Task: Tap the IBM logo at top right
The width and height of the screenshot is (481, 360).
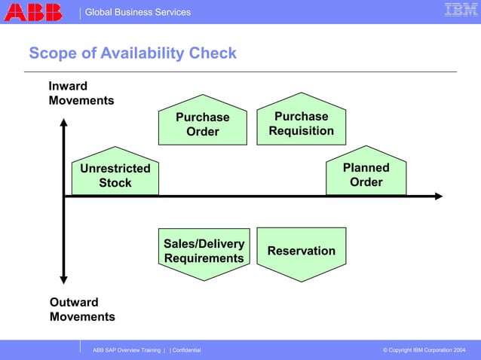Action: pyautogui.click(x=461, y=11)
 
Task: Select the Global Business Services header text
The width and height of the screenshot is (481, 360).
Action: pyautogui.click(x=138, y=12)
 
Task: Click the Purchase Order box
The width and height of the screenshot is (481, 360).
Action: pyautogui.click(x=202, y=124)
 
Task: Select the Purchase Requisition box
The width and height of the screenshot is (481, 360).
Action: pyautogui.click(x=301, y=124)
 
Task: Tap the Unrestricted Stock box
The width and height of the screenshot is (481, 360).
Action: pyautogui.click(x=115, y=175)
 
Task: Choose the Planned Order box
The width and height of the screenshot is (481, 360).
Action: pyautogui.click(x=366, y=174)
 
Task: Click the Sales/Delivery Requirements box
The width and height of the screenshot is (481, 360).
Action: pyautogui.click(x=204, y=252)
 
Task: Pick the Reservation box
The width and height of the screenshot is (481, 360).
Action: pyautogui.click(x=301, y=251)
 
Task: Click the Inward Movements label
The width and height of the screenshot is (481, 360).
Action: pyautogui.click(x=81, y=93)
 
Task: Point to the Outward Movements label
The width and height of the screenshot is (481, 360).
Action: pyautogui.click(x=82, y=310)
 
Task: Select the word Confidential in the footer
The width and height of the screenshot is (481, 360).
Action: pyautogui.click(x=186, y=351)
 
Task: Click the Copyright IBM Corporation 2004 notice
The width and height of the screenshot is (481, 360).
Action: pyautogui.click(x=424, y=351)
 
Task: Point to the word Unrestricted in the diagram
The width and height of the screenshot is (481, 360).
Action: pyautogui.click(x=115, y=168)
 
